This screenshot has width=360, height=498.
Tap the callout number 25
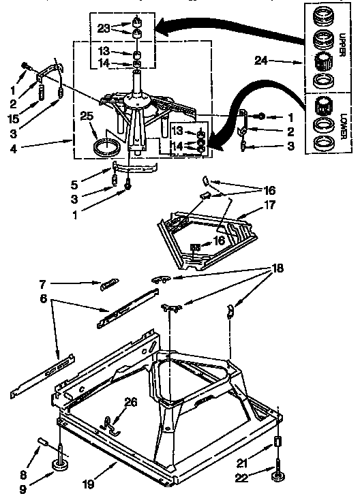tap(87, 117)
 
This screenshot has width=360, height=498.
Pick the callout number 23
tap(104, 29)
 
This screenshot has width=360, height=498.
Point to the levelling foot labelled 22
tap(279, 473)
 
